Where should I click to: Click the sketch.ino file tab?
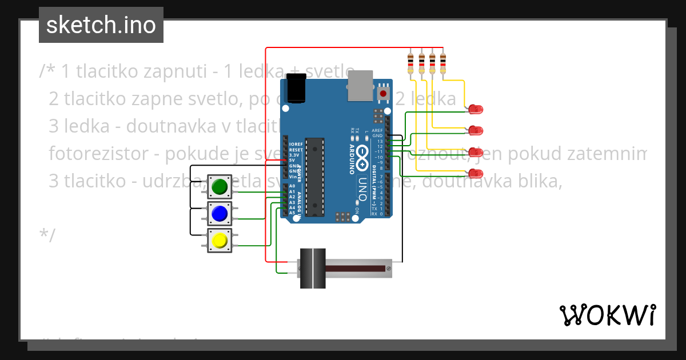[x=101, y=25]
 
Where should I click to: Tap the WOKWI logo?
[x=607, y=315]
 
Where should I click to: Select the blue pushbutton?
[x=220, y=214]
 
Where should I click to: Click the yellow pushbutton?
[x=220, y=241]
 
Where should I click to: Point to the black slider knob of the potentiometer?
[x=313, y=268]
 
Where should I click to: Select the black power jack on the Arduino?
[x=297, y=89]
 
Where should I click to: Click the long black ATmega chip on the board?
[x=314, y=177]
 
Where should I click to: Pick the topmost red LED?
[x=476, y=109]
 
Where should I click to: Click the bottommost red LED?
[x=476, y=173]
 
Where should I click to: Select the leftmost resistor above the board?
[x=411, y=63]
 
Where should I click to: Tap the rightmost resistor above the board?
[x=443, y=63]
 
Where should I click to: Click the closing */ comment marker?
[x=47, y=235]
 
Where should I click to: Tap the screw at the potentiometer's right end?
[x=389, y=268]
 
